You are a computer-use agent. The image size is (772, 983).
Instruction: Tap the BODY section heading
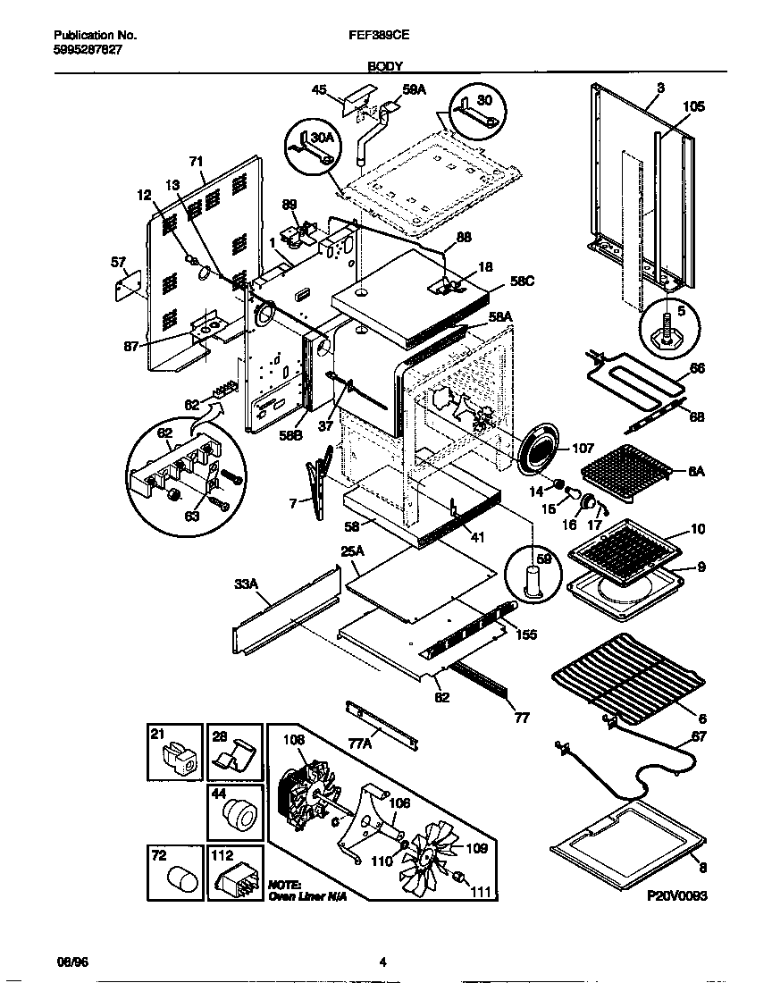(x=386, y=65)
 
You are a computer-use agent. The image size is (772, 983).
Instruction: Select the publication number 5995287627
(x=82, y=51)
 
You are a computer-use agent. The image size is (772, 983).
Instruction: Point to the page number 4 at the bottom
(x=382, y=962)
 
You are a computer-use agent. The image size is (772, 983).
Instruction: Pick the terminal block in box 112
(x=234, y=878)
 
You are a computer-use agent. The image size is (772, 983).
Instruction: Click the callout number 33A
(x=246, y=584)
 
